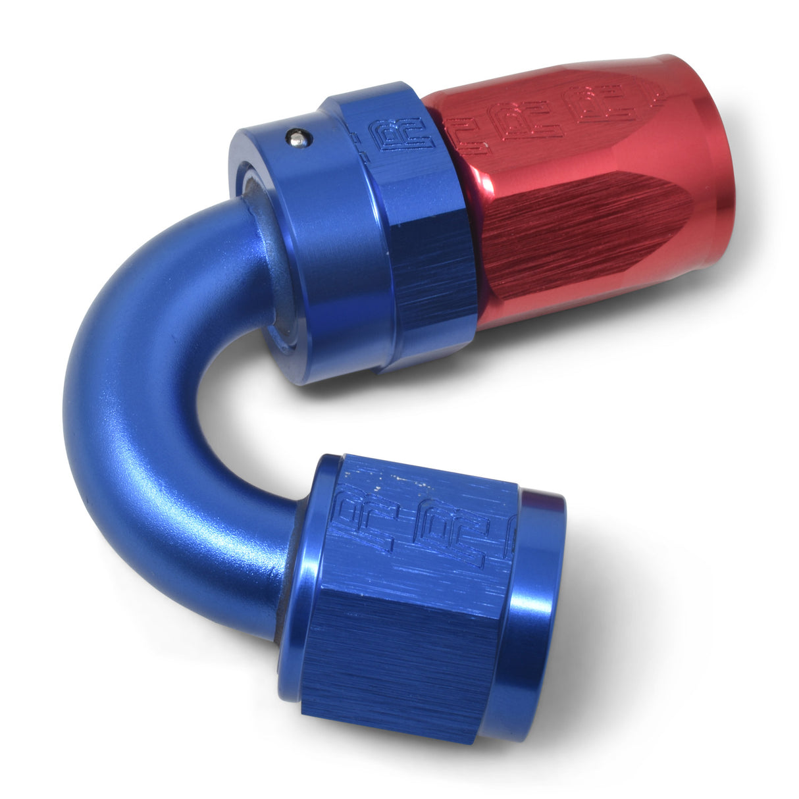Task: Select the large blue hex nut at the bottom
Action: [x=421, y=592]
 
